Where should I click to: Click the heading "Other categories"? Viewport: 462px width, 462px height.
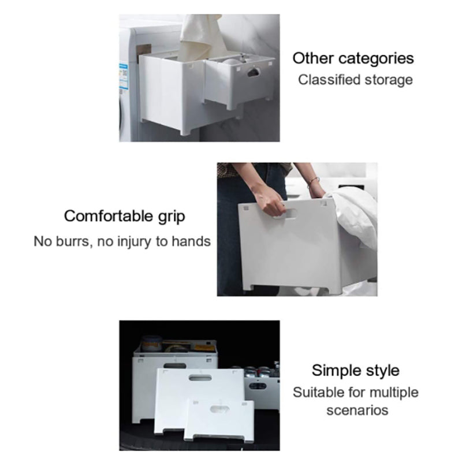point(353,59)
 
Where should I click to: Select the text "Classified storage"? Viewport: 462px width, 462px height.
point(355,80)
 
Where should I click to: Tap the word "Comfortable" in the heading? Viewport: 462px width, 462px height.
point(108,216)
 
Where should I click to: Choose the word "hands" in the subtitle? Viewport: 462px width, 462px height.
point(191,241)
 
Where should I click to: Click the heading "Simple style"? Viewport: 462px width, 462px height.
point(356,371)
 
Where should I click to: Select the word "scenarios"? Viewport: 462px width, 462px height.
point(357,411)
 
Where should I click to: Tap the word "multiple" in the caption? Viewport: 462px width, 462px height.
point(394,393)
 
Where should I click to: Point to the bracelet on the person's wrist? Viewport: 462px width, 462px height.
point(313,181)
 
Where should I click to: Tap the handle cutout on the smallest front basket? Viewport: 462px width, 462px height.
point(219,409)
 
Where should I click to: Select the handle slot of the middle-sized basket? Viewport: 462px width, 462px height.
point(200,378)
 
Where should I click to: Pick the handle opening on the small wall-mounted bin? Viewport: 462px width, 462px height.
point(254,72)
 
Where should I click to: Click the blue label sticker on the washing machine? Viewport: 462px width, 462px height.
point(124,76)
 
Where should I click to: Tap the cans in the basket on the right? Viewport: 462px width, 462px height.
point(261,372)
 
